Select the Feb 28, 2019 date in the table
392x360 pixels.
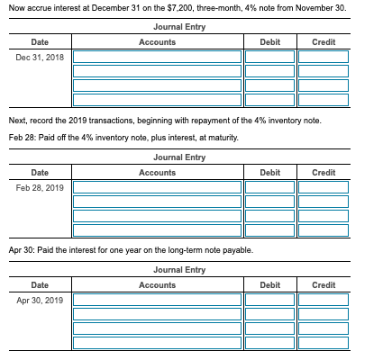[40, 187]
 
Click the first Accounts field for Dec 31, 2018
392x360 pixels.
[158, 57]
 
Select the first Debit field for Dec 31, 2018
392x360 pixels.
[269, 57]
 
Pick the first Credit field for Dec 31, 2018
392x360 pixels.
[323, 57]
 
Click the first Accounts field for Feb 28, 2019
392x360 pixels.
[158, 187]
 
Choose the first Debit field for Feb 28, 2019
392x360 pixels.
[269, 187]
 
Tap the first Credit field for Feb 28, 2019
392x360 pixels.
[323, 187]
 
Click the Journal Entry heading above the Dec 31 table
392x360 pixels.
[179, 27]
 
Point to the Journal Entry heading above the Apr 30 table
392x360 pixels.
[179, 269]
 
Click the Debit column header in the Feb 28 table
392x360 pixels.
[269, 172]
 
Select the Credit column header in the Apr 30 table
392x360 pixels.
[323, 284]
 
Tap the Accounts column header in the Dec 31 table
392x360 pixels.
[158, 42]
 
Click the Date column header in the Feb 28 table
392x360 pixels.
[40, 172]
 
